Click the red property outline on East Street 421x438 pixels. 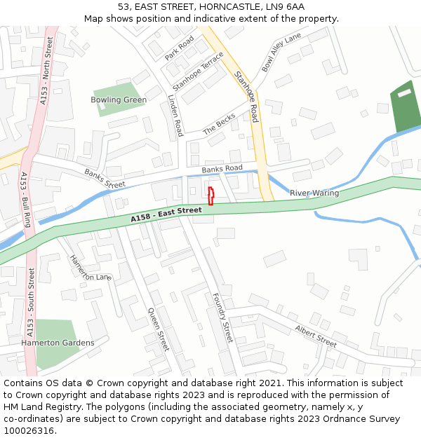point(210,196)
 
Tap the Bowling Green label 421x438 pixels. point(119,100)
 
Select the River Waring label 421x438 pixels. point(314,193)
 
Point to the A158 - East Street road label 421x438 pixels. point(166,215)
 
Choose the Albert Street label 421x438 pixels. point(316,336)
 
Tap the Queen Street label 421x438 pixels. point(159,329)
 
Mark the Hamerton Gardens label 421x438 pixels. point(58,343)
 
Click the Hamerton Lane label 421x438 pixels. point(90,267)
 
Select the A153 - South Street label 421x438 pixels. point(30,308)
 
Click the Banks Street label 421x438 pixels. point(105,179)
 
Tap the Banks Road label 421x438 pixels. point(222,169)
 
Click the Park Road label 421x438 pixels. point(179,47)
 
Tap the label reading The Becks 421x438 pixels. point(219,125)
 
